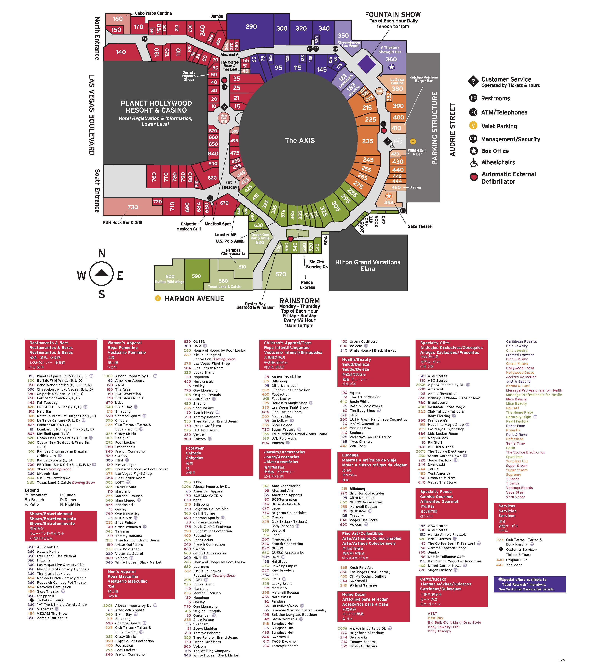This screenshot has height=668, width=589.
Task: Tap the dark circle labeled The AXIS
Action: (300, 140)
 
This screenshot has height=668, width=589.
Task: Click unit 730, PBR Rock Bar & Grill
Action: (133, 207)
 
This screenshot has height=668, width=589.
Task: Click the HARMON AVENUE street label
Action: (194, 299)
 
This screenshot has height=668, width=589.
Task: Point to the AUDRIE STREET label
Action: (452, 130)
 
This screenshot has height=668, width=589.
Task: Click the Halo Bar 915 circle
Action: (223, 118)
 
